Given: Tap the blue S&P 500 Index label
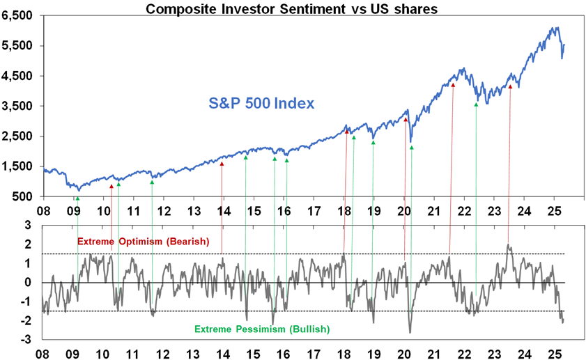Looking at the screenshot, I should [x=261, y=104].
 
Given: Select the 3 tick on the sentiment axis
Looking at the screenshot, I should [x=29, y=226].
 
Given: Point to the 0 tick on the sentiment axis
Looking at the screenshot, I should [x=29, y=283].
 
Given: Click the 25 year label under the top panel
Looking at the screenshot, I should [x=555, y=210].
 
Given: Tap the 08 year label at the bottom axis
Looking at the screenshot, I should [x=43, y=353].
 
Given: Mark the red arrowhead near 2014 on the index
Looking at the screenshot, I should [x=222, y=164].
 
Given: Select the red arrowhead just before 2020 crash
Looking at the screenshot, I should [x=406, y=120].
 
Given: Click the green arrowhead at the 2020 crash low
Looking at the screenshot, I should [x=412, y=148].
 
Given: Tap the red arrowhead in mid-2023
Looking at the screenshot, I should [x=510, y=86].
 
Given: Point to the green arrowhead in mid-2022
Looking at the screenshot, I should [x=476, y=104].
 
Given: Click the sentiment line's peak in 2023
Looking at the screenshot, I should [x=508, y=246].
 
